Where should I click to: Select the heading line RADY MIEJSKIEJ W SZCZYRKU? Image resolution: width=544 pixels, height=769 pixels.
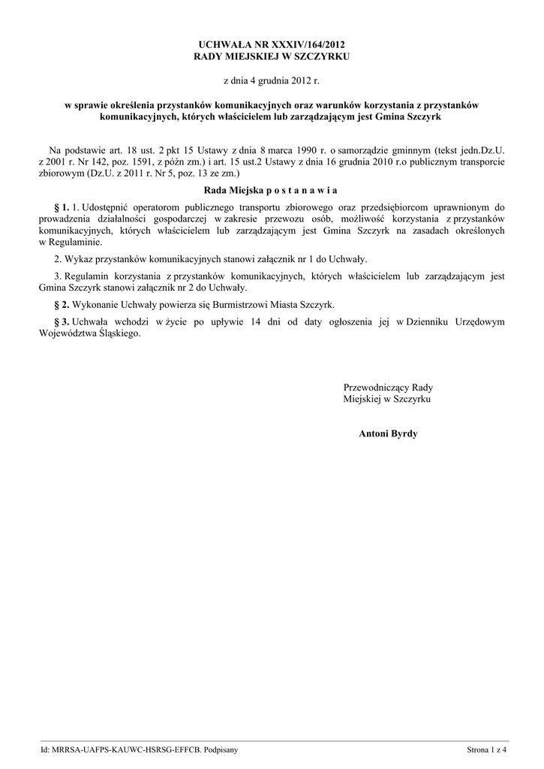(x=272, y=56)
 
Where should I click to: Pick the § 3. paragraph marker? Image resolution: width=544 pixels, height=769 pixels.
(x=62, y=321)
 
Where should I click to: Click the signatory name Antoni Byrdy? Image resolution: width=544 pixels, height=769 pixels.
(x=388, y=434)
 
